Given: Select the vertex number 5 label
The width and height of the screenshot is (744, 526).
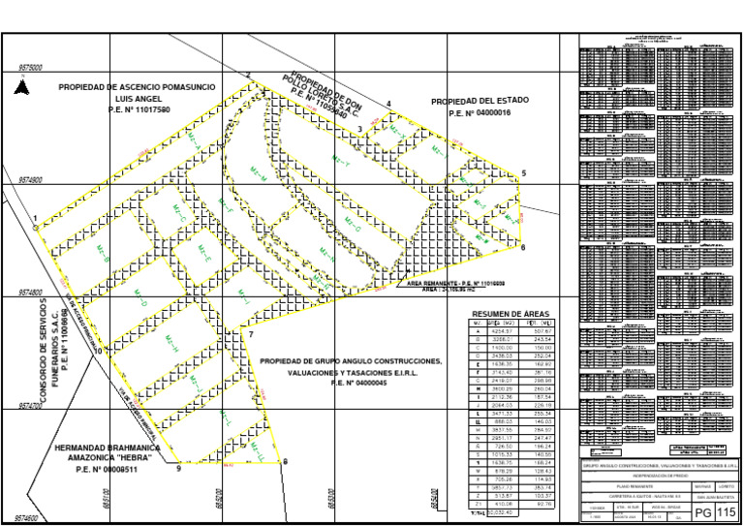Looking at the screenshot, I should click(x=523, y=173).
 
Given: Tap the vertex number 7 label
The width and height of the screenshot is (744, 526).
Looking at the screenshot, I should click(x=251, y=335).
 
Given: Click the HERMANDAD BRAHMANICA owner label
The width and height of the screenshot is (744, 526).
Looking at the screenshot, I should click(x=107, y=448).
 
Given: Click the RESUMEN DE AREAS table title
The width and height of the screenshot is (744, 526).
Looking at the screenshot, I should click(x=510, y=315).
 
